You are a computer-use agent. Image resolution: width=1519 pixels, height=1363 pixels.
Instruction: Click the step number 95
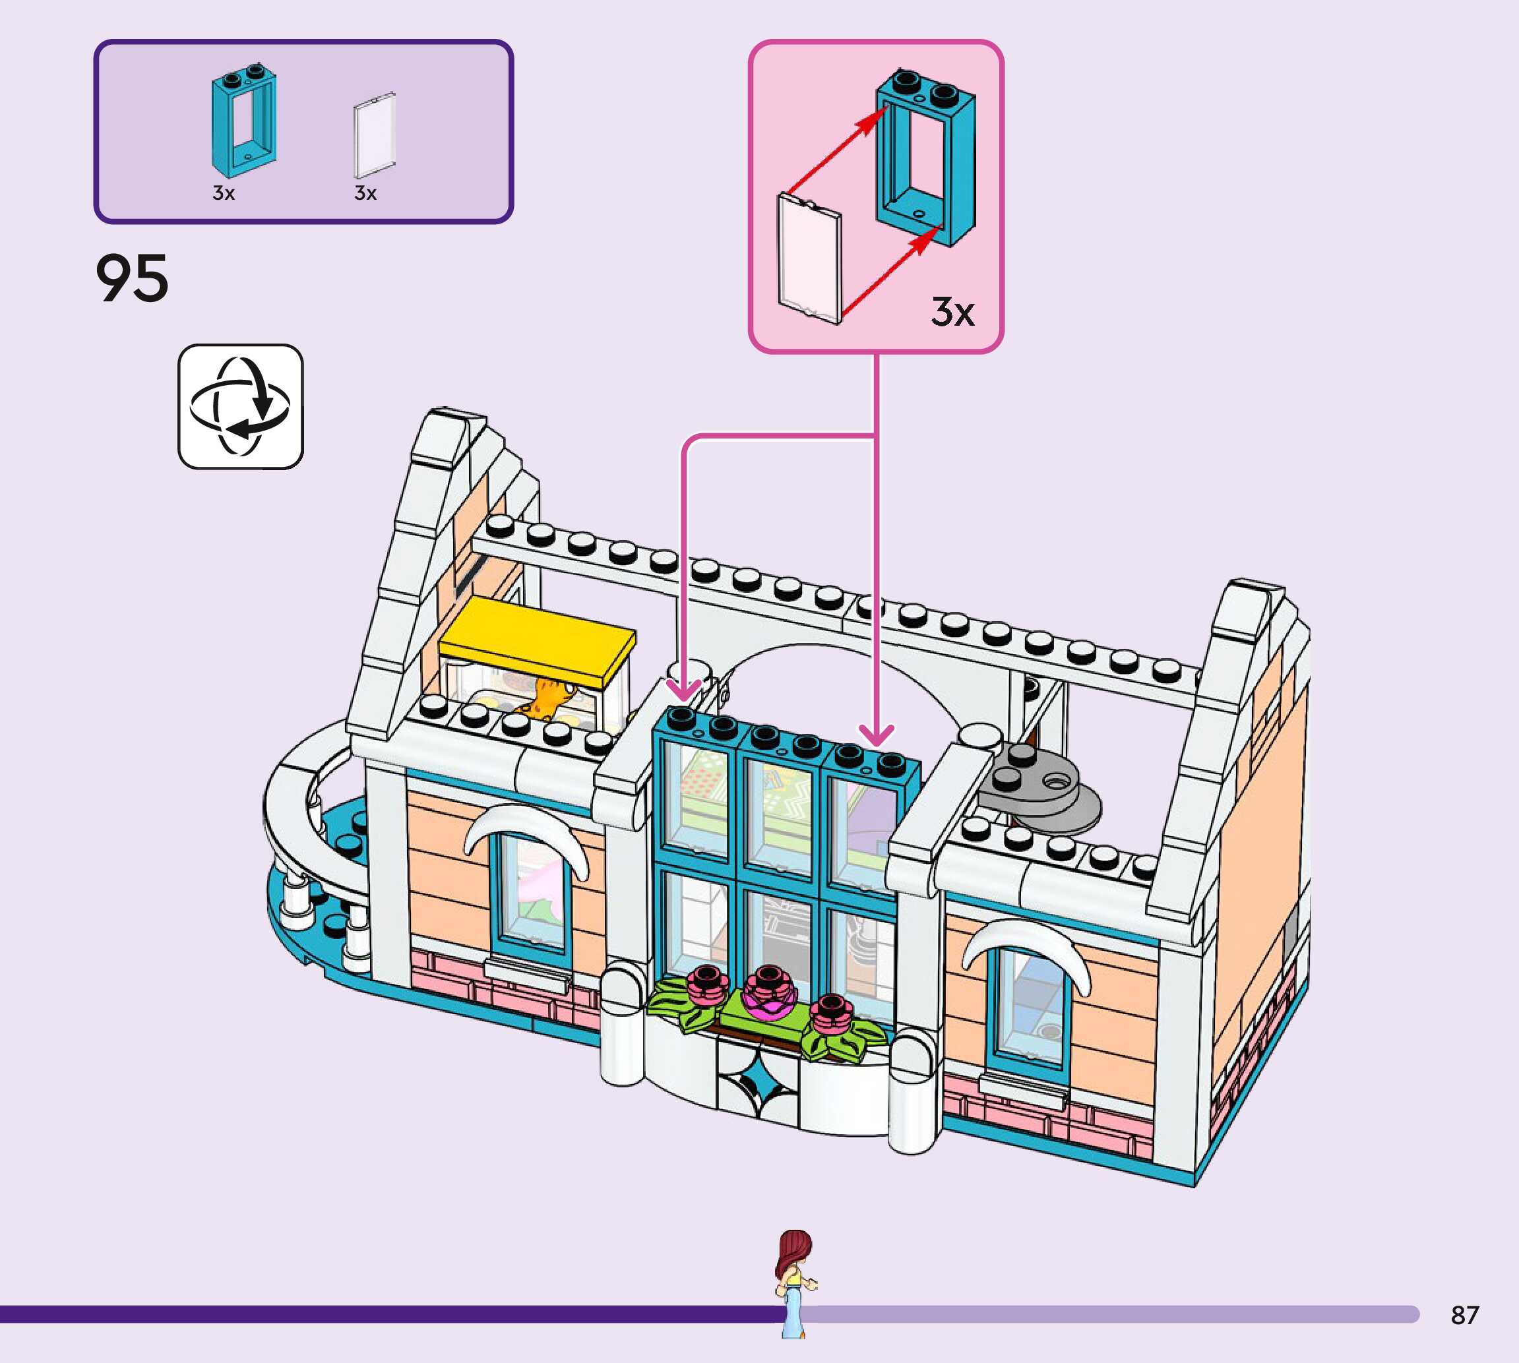click(x=132, y=278)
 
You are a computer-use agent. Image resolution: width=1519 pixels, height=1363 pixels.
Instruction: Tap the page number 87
click(x=1464, y=1315)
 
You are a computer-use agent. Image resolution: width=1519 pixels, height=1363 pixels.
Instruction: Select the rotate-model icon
click(x=241, y=407)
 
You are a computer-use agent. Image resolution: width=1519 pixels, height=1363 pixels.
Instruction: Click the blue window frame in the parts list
click(x=244, y=120)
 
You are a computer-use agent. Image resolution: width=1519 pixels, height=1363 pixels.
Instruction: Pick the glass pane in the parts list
click(x=375, y=136)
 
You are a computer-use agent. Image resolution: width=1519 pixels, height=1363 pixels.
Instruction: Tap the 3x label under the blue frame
click(x=223, y=193)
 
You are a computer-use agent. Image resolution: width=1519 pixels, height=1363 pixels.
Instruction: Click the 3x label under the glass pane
click(x=365, y=193)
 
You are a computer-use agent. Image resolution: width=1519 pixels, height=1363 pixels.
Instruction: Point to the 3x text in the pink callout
click(x=952, y=311)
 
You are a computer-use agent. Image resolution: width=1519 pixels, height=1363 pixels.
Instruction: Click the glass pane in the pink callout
click(x=810, y=258)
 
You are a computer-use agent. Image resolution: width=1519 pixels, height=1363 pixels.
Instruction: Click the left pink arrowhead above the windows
click(x=683, y=690)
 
